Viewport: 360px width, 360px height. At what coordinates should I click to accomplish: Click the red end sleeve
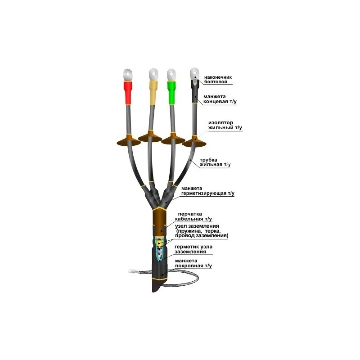click(x=128, y=92)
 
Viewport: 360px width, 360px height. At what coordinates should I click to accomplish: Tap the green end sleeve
click(x=171, y=92)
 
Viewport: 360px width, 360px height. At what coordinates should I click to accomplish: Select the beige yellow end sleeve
click(x=153, y=92)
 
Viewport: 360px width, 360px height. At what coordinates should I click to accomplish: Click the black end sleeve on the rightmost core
click(x=195, y=91)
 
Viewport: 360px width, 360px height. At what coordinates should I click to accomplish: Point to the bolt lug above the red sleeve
click(x=128, y=75)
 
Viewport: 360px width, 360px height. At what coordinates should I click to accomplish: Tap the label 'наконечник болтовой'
click(x=218, y=80)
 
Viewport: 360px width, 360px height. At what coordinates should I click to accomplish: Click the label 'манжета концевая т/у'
click(x=220, y=99)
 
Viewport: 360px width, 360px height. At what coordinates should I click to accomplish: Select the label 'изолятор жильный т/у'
click(x=225, y=125)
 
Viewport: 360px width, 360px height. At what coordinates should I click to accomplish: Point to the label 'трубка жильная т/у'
click(x=215, y=162)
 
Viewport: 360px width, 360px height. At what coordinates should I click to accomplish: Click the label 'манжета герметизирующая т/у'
click(x=208, y=191)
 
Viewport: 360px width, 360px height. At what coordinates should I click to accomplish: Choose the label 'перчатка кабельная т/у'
click(x=193, y=216)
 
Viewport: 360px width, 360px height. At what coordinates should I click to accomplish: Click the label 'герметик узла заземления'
click(x=193, y=249)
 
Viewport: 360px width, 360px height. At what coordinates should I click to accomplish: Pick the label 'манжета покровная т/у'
click(x=193, y=263)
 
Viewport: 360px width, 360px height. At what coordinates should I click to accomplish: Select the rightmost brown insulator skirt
click(x=194, y=142)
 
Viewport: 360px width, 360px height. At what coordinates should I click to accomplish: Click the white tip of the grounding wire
click(x=131, y=271)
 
